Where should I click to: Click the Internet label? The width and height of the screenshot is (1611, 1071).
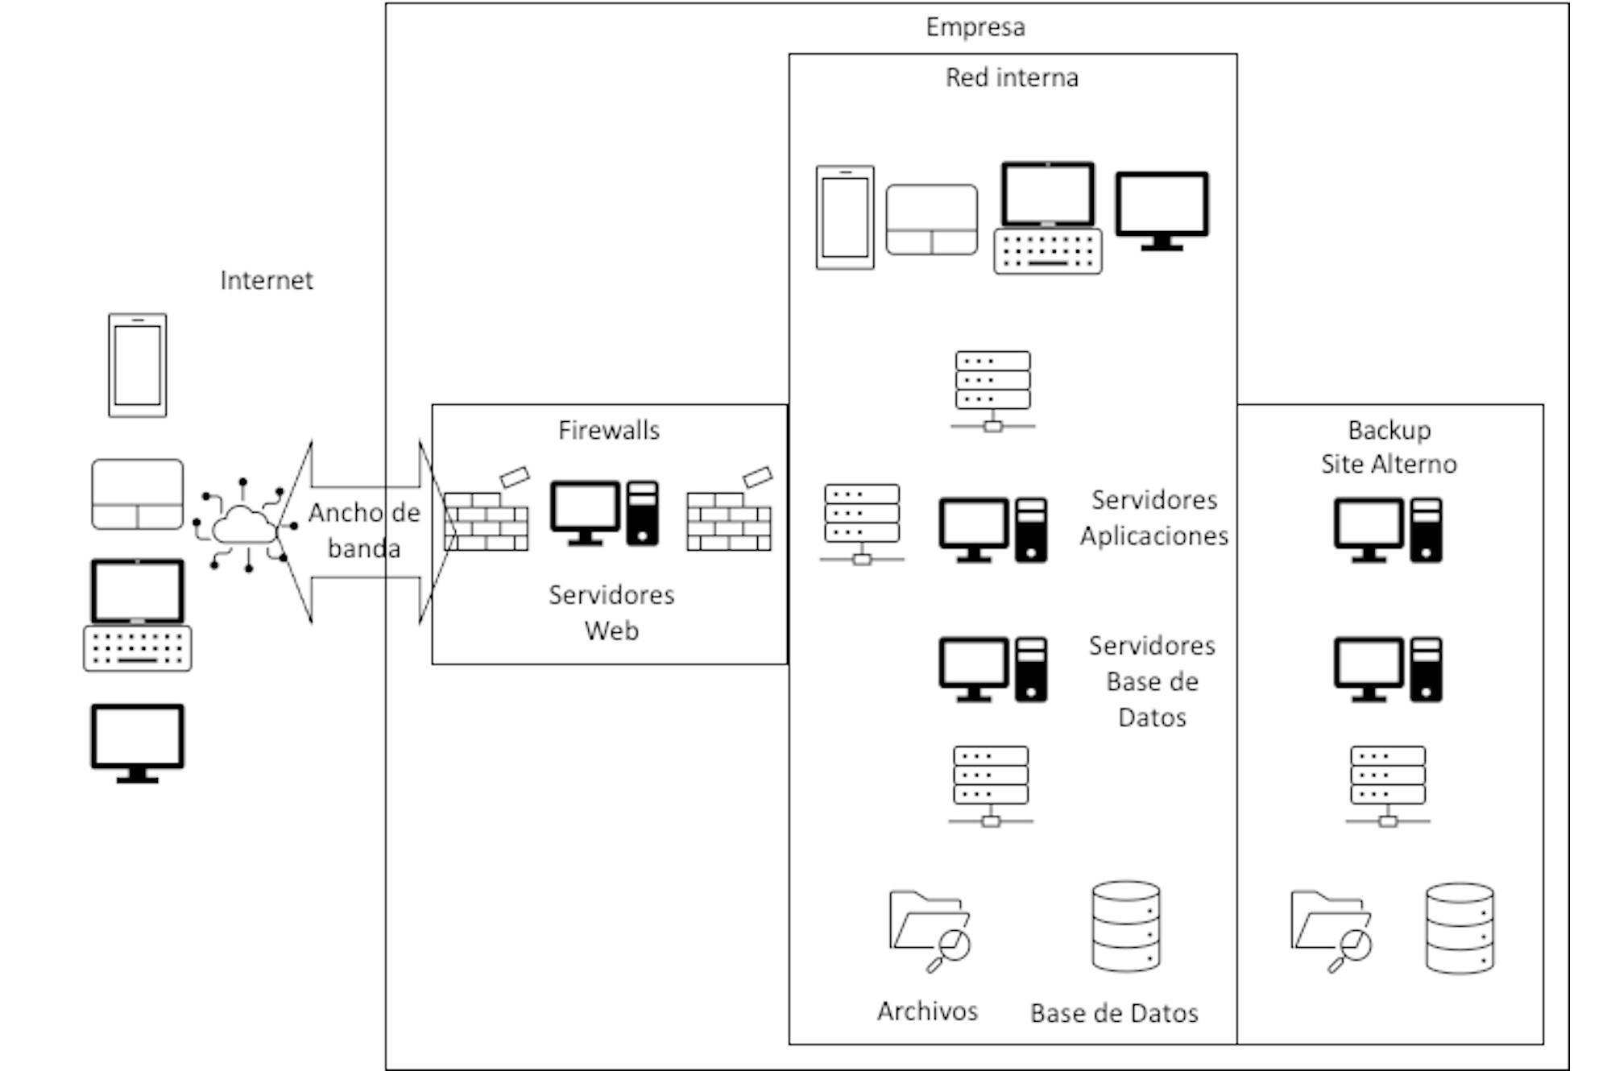pos(266,280)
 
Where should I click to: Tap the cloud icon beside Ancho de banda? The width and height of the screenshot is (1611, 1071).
pos(244,524)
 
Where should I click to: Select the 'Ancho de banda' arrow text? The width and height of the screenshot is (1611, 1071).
pos(364,531)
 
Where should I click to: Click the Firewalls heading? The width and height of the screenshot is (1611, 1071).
pos(609,430)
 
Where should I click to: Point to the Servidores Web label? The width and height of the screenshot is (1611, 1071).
pos(611,612)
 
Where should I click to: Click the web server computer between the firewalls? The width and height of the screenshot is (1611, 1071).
pos(604,514)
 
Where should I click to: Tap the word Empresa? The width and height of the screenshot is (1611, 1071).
pos(975,27)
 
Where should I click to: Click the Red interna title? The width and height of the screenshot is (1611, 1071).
pos(1012,78)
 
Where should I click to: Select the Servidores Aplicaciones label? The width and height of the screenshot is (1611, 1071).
pos(1153,518)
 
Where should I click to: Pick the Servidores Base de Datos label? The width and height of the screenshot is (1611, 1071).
pos(1152,681)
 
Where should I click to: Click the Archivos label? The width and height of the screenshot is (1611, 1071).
pos(927,1011)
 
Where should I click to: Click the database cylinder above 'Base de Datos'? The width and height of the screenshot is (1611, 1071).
pos(1126,926)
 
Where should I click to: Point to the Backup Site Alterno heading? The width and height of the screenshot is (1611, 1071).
pos(1389,447)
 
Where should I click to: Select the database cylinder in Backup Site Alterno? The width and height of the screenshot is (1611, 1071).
pos(1460,928)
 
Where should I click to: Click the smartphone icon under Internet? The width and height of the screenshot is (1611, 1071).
pos(138,366)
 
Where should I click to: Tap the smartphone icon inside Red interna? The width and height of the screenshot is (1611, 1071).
pos(845,217)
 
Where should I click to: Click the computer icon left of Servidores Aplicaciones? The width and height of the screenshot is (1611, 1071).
pos(993,530)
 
